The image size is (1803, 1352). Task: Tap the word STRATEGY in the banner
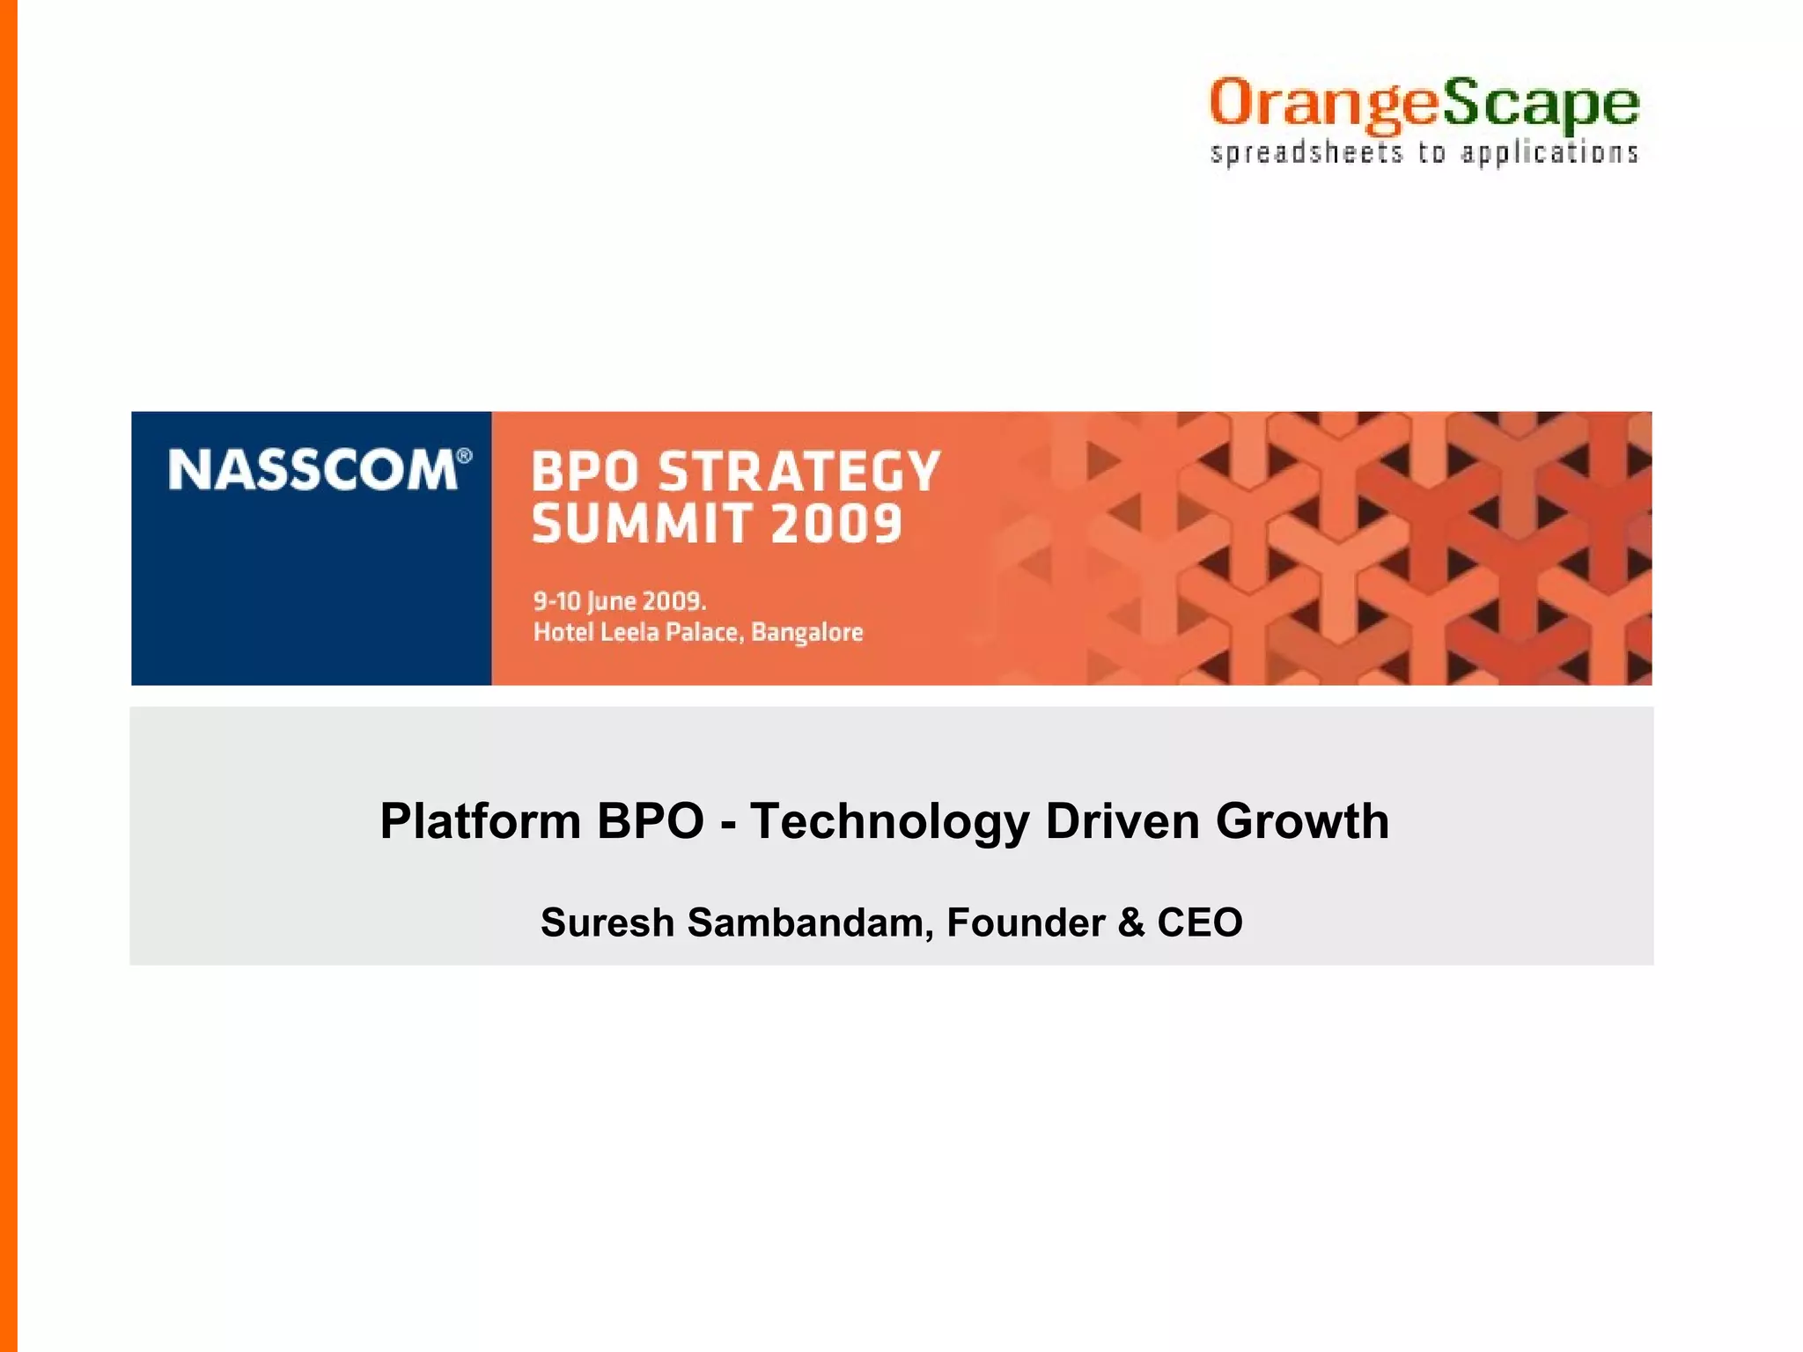click(x=799, y=472)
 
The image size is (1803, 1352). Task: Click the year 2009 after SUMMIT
click(x=836, y=525)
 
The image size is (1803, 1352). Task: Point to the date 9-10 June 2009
click(x=620, y=601)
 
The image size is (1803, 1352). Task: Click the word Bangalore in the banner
click(x=806, y=632)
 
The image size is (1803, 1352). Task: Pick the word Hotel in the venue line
click(x=563, y=632)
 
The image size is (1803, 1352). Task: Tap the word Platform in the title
click(x=480, y=822)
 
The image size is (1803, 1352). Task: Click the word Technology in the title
click(x=889, y=822)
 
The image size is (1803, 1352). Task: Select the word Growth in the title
click(x=1302, y=822)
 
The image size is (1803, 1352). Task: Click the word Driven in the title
click(x=1122, y=822)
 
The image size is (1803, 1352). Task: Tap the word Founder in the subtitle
click(x=1026, y=923)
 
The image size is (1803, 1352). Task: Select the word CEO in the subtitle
click(x=1199, y=923)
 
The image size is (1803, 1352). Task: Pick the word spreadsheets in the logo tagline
click(x=1306, y=154)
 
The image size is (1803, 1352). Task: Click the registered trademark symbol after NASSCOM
click(x=465, y=455)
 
